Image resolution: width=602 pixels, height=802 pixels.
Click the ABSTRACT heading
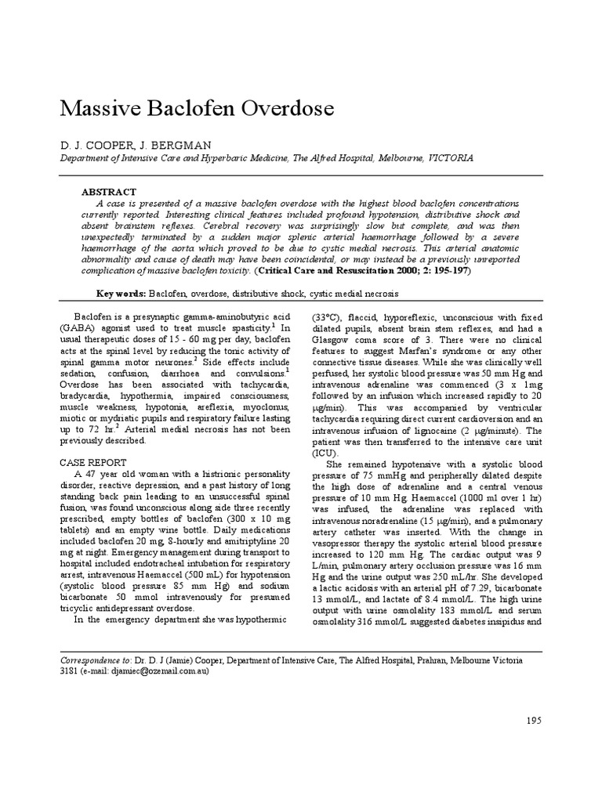109,192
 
